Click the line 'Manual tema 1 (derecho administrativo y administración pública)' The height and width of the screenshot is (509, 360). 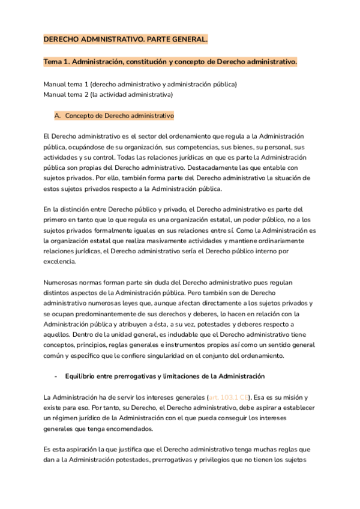click(x=140, y=84)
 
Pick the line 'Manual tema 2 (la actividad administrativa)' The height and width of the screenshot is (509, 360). click(x=108, y=94)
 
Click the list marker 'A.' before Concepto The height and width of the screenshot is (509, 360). click(x=58, y=115)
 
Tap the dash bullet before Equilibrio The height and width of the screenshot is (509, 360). click(x=56, y=376)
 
